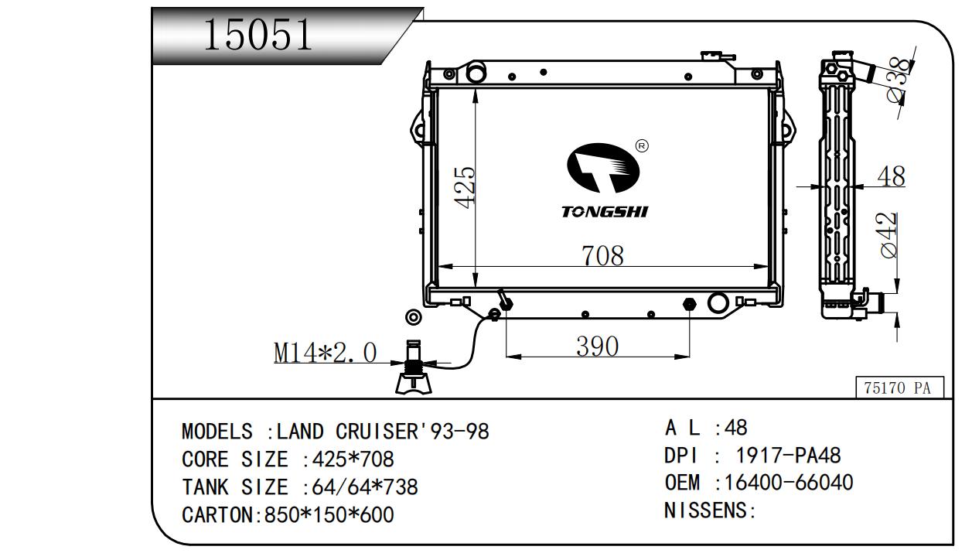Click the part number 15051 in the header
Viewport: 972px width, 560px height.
click(x=258, y=36)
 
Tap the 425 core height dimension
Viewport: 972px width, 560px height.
click(x=465, y=186)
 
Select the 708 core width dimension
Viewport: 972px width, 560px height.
click(x=602, y=255)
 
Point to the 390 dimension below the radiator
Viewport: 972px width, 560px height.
click(x=597, y=347)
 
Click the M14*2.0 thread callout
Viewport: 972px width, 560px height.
click(x=326, y=353)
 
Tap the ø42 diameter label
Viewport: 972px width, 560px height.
click(x=888, y=235)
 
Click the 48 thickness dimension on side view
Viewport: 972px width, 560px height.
click(x=891, y=177)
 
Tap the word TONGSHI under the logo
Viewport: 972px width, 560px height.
click(x=604, y=212)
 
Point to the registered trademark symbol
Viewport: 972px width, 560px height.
click(x=641, y=145)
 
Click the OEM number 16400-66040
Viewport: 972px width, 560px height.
click(x=784, y=483)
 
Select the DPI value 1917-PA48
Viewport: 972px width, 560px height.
click(x=788, y=455)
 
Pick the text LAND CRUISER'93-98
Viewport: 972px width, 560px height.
click(x=383, y=431)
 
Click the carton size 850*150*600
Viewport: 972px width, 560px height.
click(x=329, y=514)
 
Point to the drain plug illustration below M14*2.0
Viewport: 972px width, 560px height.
click(x=413, y=370)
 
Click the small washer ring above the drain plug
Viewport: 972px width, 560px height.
click(x=414, y=317)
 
